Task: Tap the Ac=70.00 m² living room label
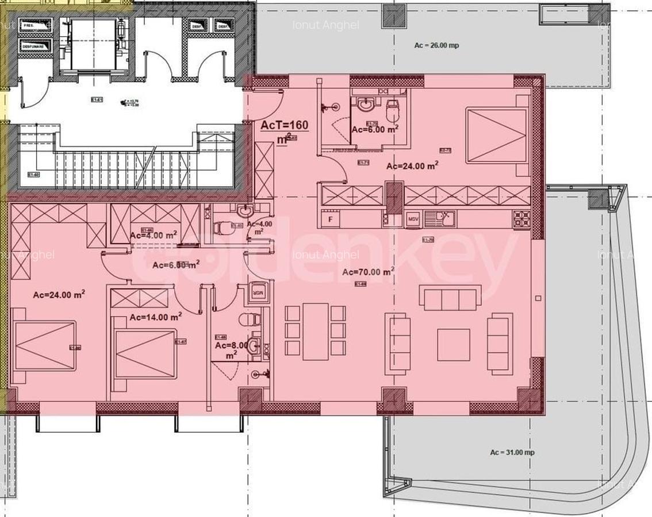click(x=368, y=272)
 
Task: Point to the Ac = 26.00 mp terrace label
click(x=436, y=45)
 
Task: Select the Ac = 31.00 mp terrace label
click(x=512, y=452)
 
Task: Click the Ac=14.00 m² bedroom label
click(x=155, y=317)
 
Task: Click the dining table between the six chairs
click(x=315, y=331)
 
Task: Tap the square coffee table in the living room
click(x=453, y=345)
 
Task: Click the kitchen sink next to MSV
click(x=443, y=219)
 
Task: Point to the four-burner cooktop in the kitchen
click(x=522, y=218)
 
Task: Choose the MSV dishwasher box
click(x=413, y=219)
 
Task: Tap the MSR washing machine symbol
click(x=259, y=292)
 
